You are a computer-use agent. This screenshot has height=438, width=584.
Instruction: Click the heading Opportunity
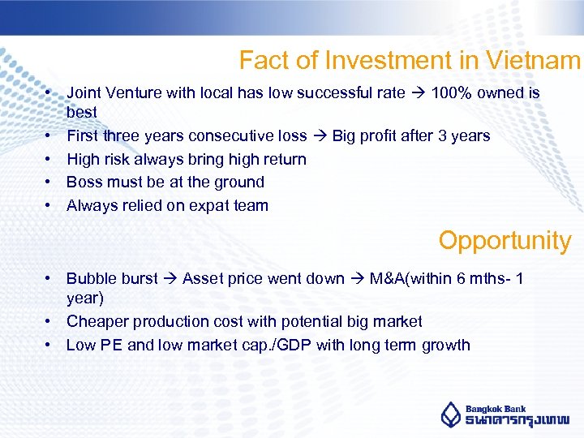505,240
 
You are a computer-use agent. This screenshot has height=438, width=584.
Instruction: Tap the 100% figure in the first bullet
457,93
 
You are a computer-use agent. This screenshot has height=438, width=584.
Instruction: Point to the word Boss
84,182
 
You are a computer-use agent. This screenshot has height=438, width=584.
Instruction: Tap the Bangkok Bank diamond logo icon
451,414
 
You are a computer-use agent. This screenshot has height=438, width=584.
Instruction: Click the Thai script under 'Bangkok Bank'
516,421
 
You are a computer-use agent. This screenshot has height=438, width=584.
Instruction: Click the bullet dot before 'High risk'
49,160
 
